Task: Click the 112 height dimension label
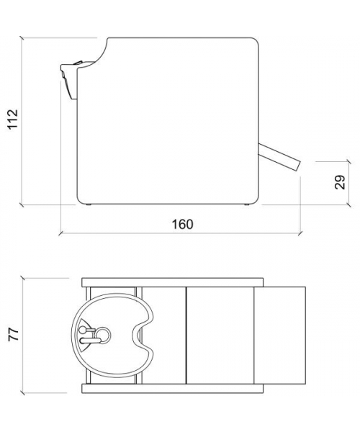[x=13, y=119]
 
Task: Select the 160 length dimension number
[x=183, y=224]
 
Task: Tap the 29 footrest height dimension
[x=340, y=182]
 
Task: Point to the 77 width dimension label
[x=13, y=335]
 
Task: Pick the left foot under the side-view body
[x=89, y=204]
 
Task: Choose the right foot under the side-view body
[x=247, y=204]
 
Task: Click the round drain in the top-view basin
[x=103, y=335]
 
